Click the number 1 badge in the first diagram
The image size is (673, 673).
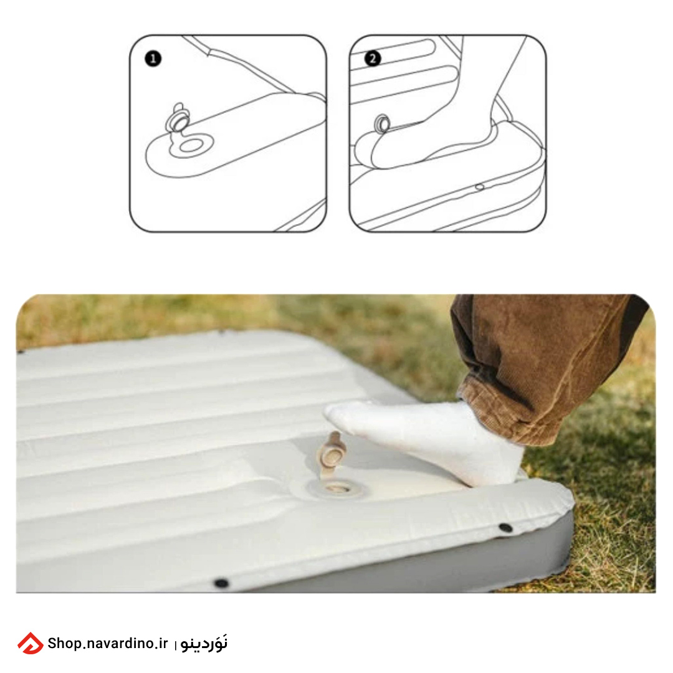click(153, 59)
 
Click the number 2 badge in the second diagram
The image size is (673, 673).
click(372, 59)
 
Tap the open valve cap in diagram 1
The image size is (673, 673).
click(178, 118)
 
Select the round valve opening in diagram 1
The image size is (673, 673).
click(191, 146)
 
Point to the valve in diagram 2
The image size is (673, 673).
click(382, 124)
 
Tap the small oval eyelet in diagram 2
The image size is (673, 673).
click(480, 187)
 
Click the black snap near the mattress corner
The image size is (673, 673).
click(505, 527)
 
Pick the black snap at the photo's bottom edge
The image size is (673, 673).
click(221, 583)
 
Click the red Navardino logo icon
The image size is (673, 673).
click(30, 643)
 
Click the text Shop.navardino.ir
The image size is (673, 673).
click(108, 643)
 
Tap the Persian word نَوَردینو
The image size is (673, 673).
click(204, 643)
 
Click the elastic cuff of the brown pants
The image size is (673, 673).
click(502, 412)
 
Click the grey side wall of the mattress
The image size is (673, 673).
click(429, 566)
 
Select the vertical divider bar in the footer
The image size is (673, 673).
click(175, 645)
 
